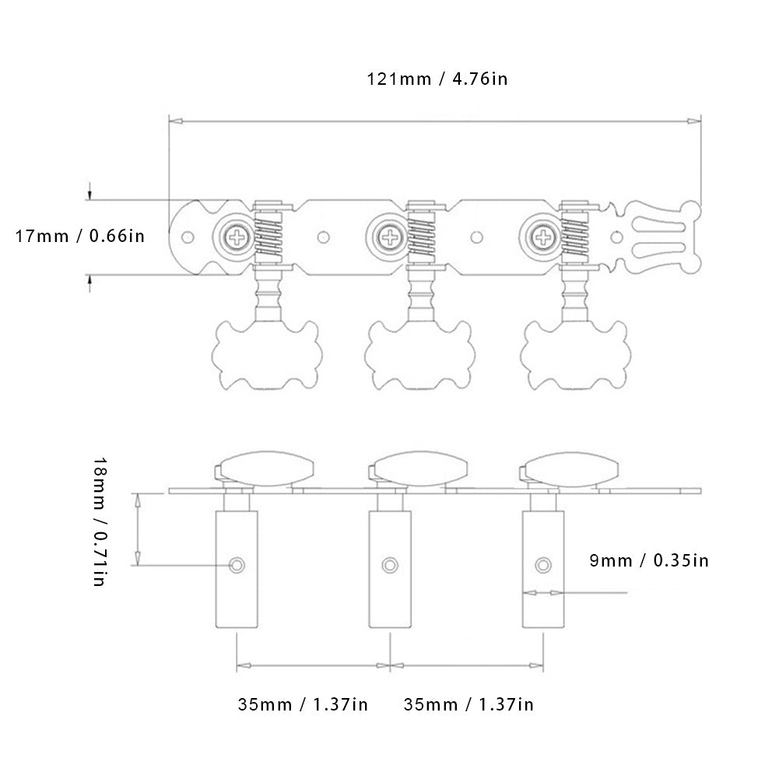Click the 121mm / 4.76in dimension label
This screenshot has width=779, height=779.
pyautogui.click(x=437, y=79)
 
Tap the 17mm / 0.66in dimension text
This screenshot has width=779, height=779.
pyautogui.click(x=80, y=235)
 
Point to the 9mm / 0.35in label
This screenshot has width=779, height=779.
pyautogui.click(x=647, y=560)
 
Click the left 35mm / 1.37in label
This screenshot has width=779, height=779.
pyautogui.click(x=303, y=705)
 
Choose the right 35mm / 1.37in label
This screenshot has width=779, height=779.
pyautogui.click(x=468, y=705)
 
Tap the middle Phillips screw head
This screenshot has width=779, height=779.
pyautogui.click(x=387, y=236)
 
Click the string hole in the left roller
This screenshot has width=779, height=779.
pyautogui.click(x=236, y=563)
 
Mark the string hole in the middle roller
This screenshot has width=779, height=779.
pyautogui.click(x=388, y=563)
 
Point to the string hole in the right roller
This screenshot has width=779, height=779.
pyautogui.click(x=542, y=563)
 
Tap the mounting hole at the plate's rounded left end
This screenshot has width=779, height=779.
pyautogui.click(x=187, y=236)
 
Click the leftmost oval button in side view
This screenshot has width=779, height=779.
pyautogui.click(x=264, y=470)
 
